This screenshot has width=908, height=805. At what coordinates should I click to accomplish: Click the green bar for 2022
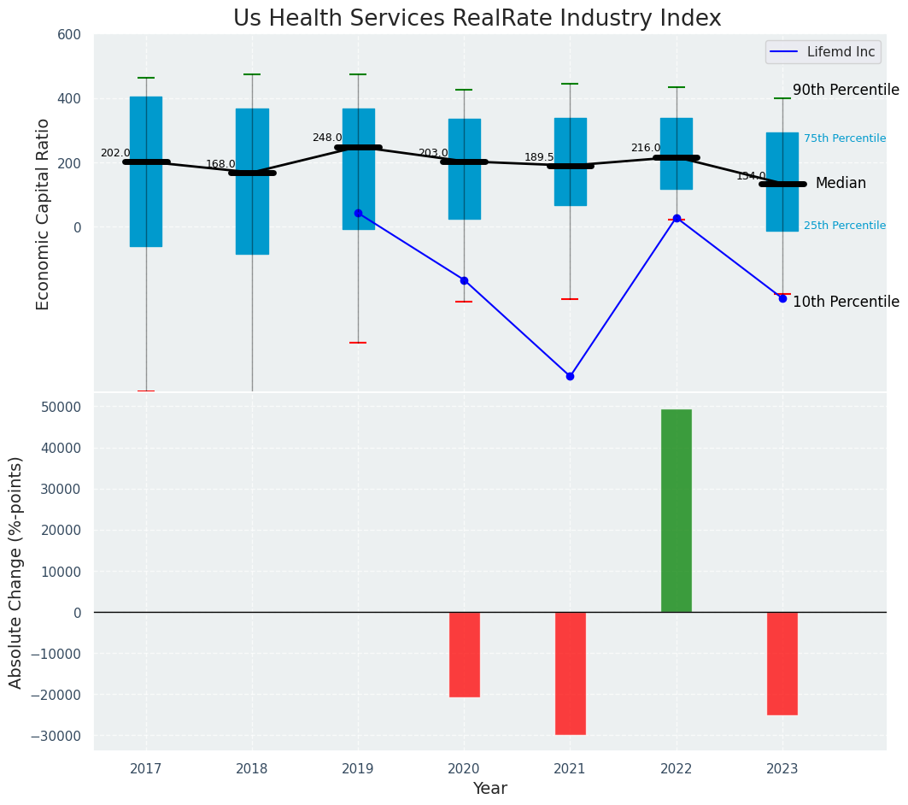pyautogui.click(x=676, y=510)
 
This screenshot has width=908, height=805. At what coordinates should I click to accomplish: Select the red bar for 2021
pyautogui.click(x=570, y=673)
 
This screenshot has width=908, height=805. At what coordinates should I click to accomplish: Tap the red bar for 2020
pyautogui.click(x=464, y=654)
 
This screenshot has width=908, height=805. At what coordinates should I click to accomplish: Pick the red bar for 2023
pyautogui.click(x=782, y=663)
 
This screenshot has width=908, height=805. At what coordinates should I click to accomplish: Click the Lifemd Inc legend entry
pyautogui.click(x=823, y=52)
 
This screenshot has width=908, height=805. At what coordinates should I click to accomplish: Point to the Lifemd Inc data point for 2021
pyautogui.click(x=570, y=376)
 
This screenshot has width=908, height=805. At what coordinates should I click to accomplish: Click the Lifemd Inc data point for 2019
pyautogui.click(x=358, y=213)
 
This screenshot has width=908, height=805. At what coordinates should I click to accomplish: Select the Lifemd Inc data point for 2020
pyautogui.click(x=464, y=280)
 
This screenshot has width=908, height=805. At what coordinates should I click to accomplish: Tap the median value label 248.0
pyautogui.click(x=327, y=138)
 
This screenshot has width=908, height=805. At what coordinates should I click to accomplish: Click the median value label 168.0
pyautogui.click(x=220, y=164)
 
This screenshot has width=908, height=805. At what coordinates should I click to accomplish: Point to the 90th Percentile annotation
pyautogui.click(x=846, y=90)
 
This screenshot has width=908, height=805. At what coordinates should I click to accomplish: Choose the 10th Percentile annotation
pyautogui.click(x=846, y=302)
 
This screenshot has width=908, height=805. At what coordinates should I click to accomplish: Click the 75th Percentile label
pyautogui.click(x=844, y=138)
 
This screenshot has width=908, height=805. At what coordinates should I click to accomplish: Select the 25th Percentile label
pyautogui.click(x=844, y=226)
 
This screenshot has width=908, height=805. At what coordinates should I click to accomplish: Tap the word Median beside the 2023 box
pyautogui.click(x=841, y=184)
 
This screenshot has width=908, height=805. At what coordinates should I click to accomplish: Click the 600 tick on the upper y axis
pyautogui.click(x=69, y=34)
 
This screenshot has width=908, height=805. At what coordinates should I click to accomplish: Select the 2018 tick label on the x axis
pyautogui.click(x=252, y=768)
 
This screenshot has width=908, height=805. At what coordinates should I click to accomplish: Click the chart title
pyautogui.click(x=477, y=18)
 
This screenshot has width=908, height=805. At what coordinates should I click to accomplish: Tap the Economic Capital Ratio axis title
pyautogui.click(x=43, y=213)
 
